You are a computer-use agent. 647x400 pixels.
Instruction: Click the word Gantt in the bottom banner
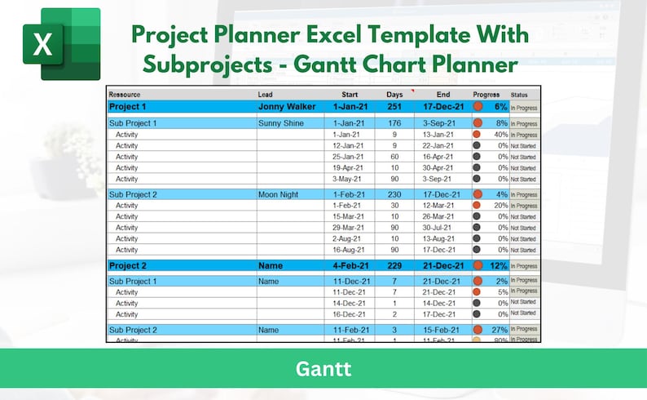coord(323,368)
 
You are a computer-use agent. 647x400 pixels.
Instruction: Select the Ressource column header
coord(124,95)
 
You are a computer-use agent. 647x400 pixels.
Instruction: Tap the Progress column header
coord(486,95)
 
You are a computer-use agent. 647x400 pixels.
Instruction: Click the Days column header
coord(394,95)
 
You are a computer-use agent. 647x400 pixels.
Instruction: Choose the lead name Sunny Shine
coord(281,123)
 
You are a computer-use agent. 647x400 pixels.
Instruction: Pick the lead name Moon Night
coord(279,195)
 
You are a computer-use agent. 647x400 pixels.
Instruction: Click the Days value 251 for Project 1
coord(394,107)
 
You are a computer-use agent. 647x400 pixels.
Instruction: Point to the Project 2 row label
coord(128,265)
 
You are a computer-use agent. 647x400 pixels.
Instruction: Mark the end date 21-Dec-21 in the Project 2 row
coord(443,265)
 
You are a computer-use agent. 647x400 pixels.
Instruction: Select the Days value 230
coord(394,195)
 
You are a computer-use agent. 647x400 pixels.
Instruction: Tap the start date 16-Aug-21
coord(348,250)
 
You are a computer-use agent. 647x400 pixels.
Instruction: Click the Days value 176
coord(394,123)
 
